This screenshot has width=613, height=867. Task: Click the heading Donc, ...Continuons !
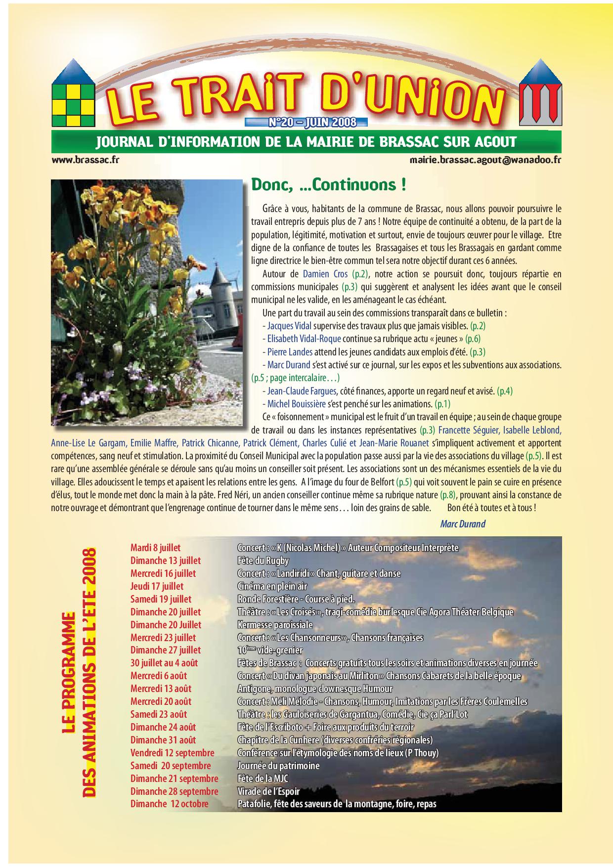[329, 185]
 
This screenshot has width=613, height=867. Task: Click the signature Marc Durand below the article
[462, 524]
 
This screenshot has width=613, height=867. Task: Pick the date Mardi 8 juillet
[155, 548]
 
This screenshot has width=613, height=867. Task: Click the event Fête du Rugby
[263, 561]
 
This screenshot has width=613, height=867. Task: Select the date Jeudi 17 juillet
[157, 586]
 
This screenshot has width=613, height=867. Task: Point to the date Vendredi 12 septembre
[172, 753]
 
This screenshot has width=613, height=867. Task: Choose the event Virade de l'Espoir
[268, 791]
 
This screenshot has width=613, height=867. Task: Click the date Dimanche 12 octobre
[169, 804]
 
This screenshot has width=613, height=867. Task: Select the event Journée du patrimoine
[278, 766]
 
